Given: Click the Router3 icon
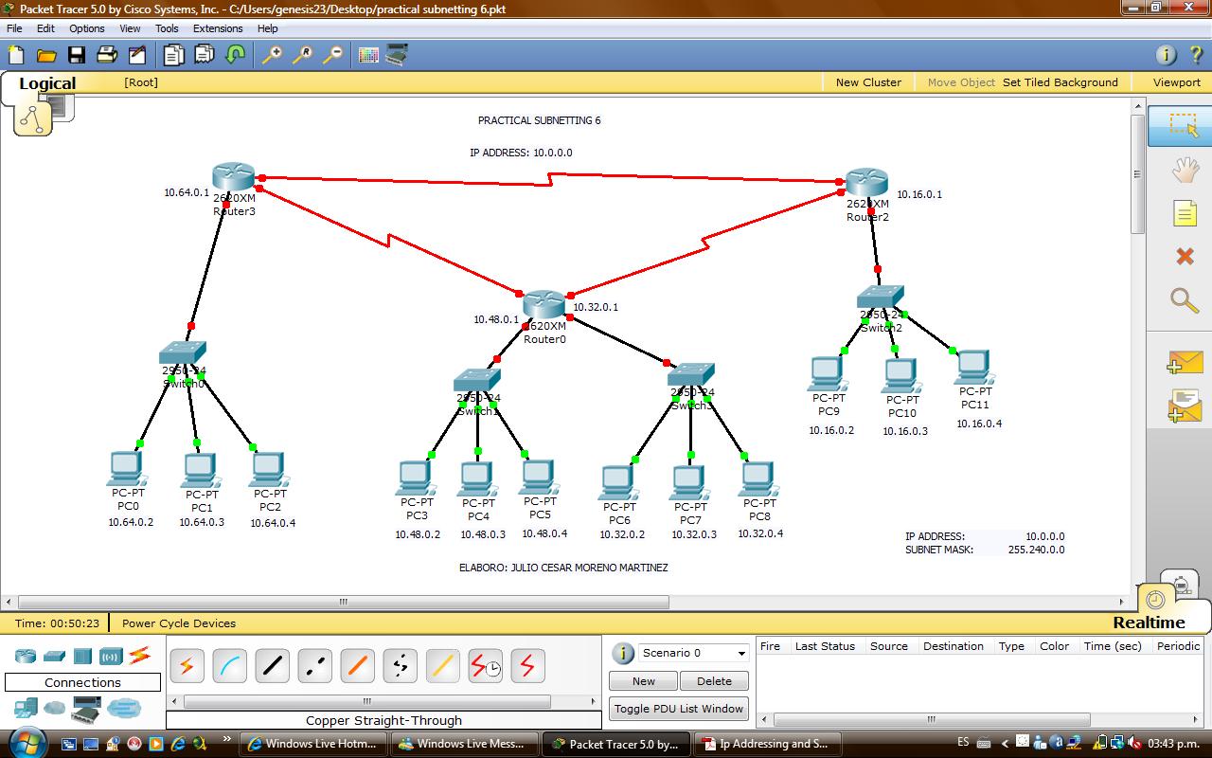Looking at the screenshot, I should tap(233, 176).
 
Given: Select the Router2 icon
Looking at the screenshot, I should tap(866, 181).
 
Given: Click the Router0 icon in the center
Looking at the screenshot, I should tap(544, 304).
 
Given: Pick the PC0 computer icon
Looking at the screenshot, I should tap(126, 468).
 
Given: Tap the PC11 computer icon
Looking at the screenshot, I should tap(972, 367).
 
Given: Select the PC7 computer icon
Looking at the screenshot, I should tap(689, 483).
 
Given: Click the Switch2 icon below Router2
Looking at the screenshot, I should tap(881, 298).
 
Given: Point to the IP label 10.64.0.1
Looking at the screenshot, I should tap(187, 192).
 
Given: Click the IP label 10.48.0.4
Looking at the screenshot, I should tap(544, 533).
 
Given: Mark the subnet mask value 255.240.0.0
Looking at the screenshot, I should tap(1036, 550).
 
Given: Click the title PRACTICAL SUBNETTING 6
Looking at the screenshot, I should tap(539, 120).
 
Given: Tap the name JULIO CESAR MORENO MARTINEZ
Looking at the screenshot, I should tap(589, 568).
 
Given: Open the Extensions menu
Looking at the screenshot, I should tap(218, 28).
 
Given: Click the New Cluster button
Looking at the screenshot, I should tap(868, 82).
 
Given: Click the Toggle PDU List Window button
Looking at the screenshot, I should tap(678, 709).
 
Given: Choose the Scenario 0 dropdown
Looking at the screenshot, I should tap(694, 653).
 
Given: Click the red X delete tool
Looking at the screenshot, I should tap(1185, 256).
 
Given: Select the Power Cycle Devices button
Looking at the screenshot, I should tap(179, 623).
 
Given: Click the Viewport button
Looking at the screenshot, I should tap(1176, 82).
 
